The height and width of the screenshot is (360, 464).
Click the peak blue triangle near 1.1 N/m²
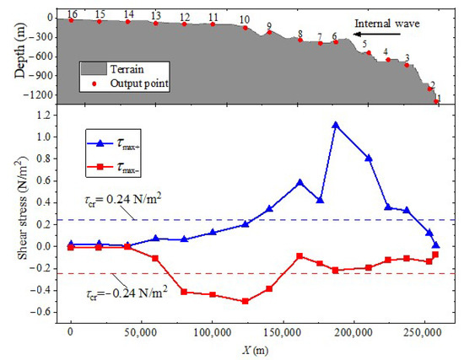pos(336,125)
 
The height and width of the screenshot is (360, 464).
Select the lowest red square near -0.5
pos(245,301)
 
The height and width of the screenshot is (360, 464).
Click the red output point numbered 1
pos(436,101)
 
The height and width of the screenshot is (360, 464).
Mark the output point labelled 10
pos(245,28)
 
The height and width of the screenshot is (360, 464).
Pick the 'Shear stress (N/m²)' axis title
pos(14,218)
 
